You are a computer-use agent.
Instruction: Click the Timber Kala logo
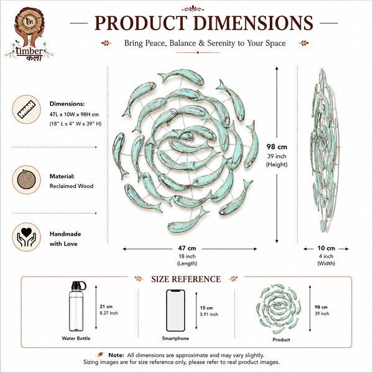pyautogui.click(x=29, y=34)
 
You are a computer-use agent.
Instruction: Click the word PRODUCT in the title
pyautogui.click(x=141, y=23)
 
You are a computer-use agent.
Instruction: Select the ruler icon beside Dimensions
pyautogui.click(x=26, y=109)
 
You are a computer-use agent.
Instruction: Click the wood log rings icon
pyautogui.click(x=26, y=180)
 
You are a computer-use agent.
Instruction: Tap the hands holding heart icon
pyautogui.click(x=26, y=237)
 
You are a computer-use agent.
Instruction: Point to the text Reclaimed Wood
pyautogui.click(x=71, y=186)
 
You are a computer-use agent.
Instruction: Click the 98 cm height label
pyautogui.click(x=277, y=147)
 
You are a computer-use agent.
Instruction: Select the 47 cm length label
pyautogui.click(x=187, y=248)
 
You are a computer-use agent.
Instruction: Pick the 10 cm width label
pyautogui.click(x=326, y=248)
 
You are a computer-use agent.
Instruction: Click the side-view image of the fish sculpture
pyautogui.click(x=325, y=150)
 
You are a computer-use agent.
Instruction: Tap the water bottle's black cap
pyautogui.click(x=78, y=285)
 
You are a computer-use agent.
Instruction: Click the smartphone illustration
pyautogui.click(x=175, y=310)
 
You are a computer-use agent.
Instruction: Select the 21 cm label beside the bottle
pyautogui.click(x=106, y=306)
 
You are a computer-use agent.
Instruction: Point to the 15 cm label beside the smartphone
pyautogui.click(x=206, y=308)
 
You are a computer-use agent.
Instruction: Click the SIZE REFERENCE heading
pyautogui.click(x=186, y=279)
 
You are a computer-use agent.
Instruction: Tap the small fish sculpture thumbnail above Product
pyautogui.click(x=279, y=308)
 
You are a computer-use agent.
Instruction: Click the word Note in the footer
pyautogui.click(x=116, y=355)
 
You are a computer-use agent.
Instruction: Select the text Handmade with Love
pyautogui.click(x=65, y=239)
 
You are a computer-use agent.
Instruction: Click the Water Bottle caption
pyautogui.click(x=76, y=338)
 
